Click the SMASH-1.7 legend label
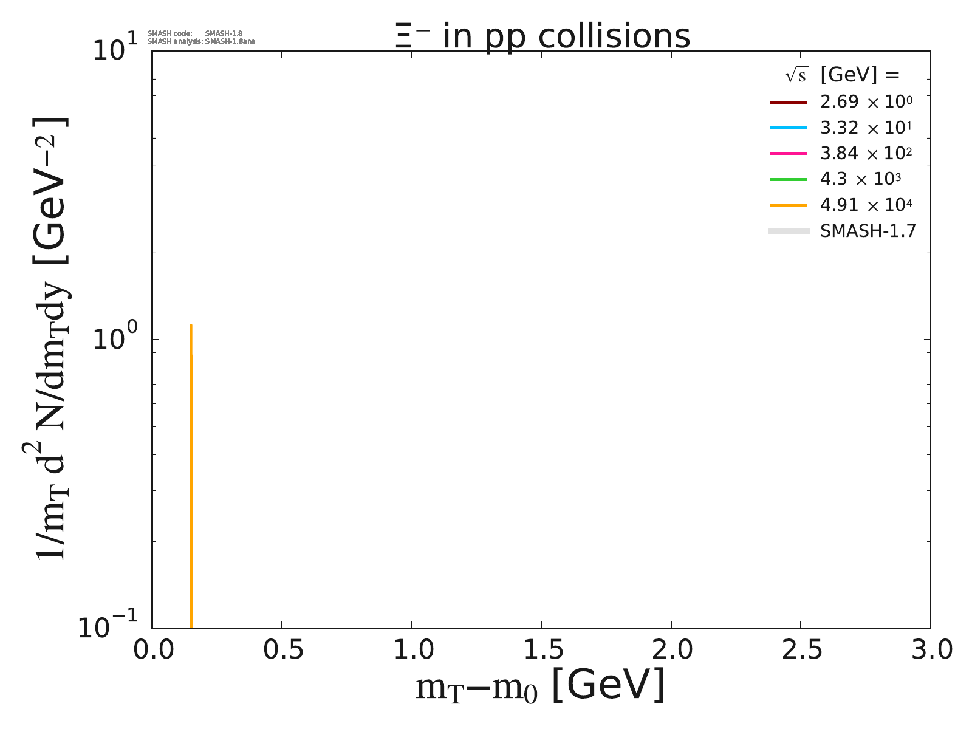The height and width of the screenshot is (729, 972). (868, 231)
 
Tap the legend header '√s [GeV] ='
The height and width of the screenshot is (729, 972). (842, 75)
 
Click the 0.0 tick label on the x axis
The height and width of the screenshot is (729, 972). (152, 651)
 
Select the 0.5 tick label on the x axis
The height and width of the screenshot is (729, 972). (282, 651)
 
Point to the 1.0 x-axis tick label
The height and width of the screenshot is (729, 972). (411, 651)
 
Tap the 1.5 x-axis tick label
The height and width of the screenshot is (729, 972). (541, 651)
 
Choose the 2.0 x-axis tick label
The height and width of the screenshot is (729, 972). (671, 651)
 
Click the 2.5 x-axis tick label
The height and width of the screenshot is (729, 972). (801, 651)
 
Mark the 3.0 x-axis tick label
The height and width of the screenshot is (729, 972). (930, 651)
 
